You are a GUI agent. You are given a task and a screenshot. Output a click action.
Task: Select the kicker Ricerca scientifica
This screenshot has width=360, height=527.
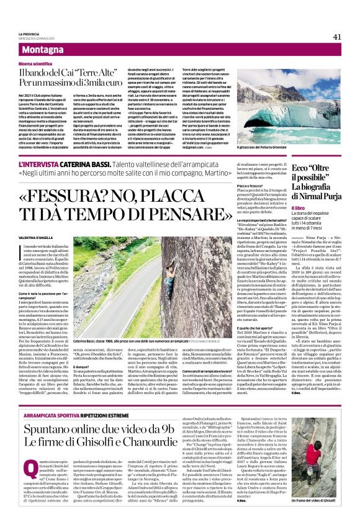(37, 63)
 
